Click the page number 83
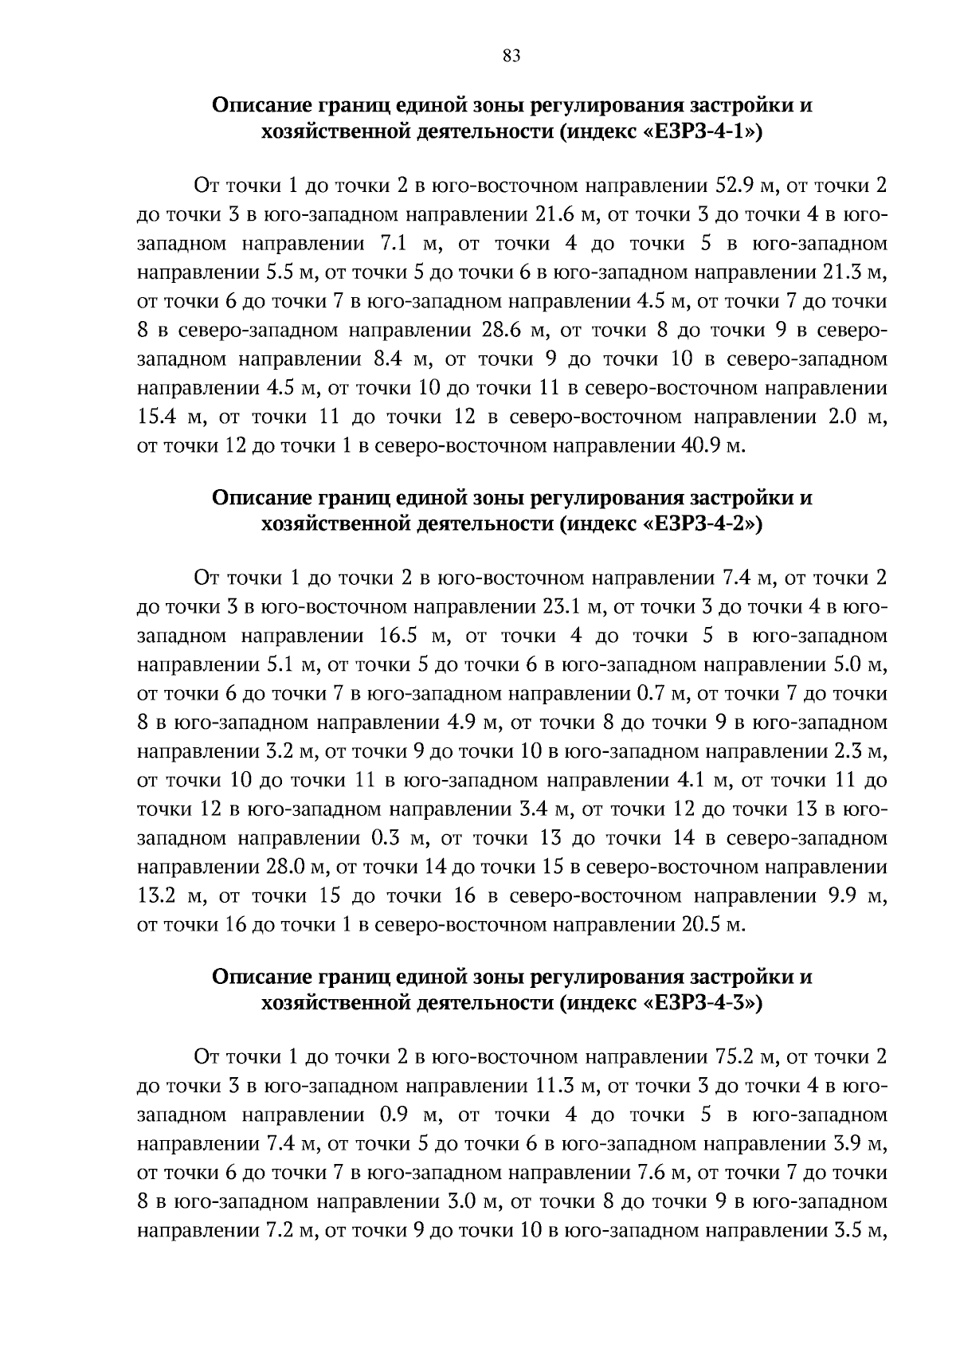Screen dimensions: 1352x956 click(511, 55)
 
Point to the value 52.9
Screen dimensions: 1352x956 click(737, 186)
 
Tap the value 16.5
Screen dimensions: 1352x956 click(394, 636)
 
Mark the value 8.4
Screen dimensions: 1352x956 click(390, 359)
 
